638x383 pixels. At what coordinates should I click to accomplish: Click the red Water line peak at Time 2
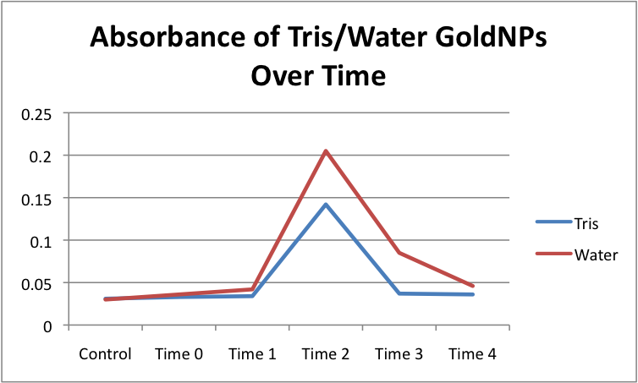[x=326, y=151]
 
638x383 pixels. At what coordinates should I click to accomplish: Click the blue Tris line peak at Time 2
[x=326, y=205]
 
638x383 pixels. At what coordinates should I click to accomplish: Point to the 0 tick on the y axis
[x=50, y=326]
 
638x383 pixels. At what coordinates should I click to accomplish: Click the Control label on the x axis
[x=106, y=354]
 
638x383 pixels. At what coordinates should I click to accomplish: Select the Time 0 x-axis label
[x=179, y=354]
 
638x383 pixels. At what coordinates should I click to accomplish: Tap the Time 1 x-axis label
[x=252, y=354]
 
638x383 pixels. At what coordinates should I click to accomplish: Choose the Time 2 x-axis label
[x=326, y=354]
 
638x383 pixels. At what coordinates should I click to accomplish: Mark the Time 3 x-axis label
[x=399, y=354]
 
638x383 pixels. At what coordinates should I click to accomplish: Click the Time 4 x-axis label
[x=472, y=354]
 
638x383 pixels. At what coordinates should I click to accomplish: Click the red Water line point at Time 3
[x=399, y=253]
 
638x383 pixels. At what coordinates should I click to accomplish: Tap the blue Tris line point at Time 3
[x=399, y=293]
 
